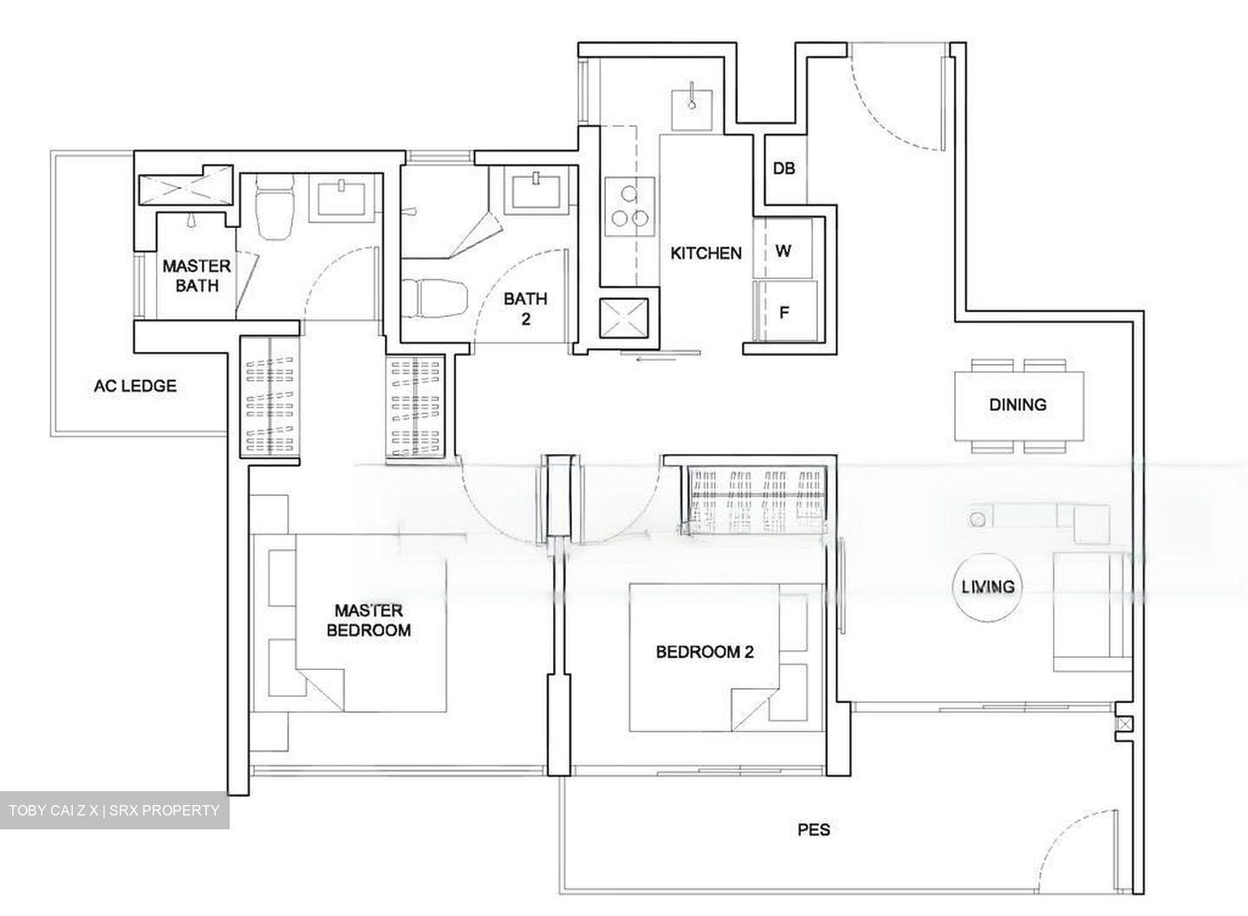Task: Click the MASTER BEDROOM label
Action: (x=368, y=620)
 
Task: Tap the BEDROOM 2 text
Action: (x=704, y=652)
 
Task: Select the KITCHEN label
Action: (x=706, y=253)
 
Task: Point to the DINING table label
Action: (x=1017, y=405)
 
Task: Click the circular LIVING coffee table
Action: (x=987, y=587)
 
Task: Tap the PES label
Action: (x=813, y=830)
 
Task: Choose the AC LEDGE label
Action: (x=135, y=387)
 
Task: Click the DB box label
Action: (x=783, y=168)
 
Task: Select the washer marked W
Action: (x=783, y=251)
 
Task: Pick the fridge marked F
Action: (x=784, y=313)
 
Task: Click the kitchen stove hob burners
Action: (x=628, y=206)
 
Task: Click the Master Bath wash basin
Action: (x=343, y=195)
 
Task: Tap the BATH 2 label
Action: (x=525, y=308)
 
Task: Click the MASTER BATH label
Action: (x=197, y=275)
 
